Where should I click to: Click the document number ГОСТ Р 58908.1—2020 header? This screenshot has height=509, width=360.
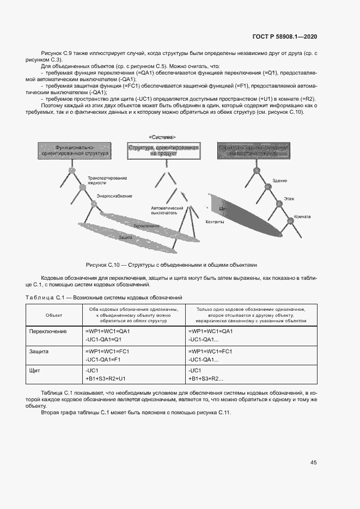tap(285, 36)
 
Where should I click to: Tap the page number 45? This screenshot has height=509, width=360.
tap(313, 463)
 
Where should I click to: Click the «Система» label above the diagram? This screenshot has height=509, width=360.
tap(162, 137)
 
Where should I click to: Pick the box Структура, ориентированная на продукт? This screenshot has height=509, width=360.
tap(163, 151)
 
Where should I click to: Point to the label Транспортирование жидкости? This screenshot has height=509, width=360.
tap(107, 181)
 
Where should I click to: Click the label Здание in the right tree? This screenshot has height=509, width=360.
tap(280, 180)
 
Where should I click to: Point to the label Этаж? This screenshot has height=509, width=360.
tap(289, 199)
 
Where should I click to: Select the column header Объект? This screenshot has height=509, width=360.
tap(53, 315)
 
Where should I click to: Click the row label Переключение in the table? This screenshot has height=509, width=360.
tap(47, 331)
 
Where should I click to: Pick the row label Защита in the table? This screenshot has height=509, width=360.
tap(39, 351)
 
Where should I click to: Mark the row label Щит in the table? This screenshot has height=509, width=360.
tap(35, 370)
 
